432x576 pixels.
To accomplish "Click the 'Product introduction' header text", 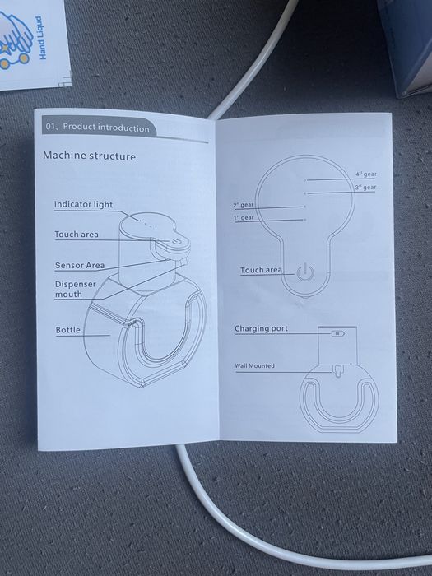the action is (106, 128).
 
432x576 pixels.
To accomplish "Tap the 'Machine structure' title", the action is (89, 156).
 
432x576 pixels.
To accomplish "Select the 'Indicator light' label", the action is (83, 205).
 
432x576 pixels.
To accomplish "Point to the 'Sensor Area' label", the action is (80, 265).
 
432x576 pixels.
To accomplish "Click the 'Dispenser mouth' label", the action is (76, 289).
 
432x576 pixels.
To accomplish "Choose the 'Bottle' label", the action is (68, 330).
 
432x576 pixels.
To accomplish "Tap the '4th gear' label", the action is (366, 174).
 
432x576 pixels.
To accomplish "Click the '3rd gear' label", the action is (365, 188).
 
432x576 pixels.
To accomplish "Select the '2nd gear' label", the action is (244, 205).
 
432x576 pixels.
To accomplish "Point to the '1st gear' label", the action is (244, 217).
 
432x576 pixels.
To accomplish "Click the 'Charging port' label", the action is (261, 328).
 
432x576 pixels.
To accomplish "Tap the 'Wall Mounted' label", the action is (254, 366).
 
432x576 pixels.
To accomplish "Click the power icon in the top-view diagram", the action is (305, 272).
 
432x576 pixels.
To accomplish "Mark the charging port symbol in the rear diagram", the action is (337, 333).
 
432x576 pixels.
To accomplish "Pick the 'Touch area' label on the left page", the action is (77, 235).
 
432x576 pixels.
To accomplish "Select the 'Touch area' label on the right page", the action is (261, 271).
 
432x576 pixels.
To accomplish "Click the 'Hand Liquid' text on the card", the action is (43, 38).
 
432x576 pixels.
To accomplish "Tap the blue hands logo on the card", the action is (15, 40).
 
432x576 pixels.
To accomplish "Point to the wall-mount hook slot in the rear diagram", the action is (337, 370).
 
